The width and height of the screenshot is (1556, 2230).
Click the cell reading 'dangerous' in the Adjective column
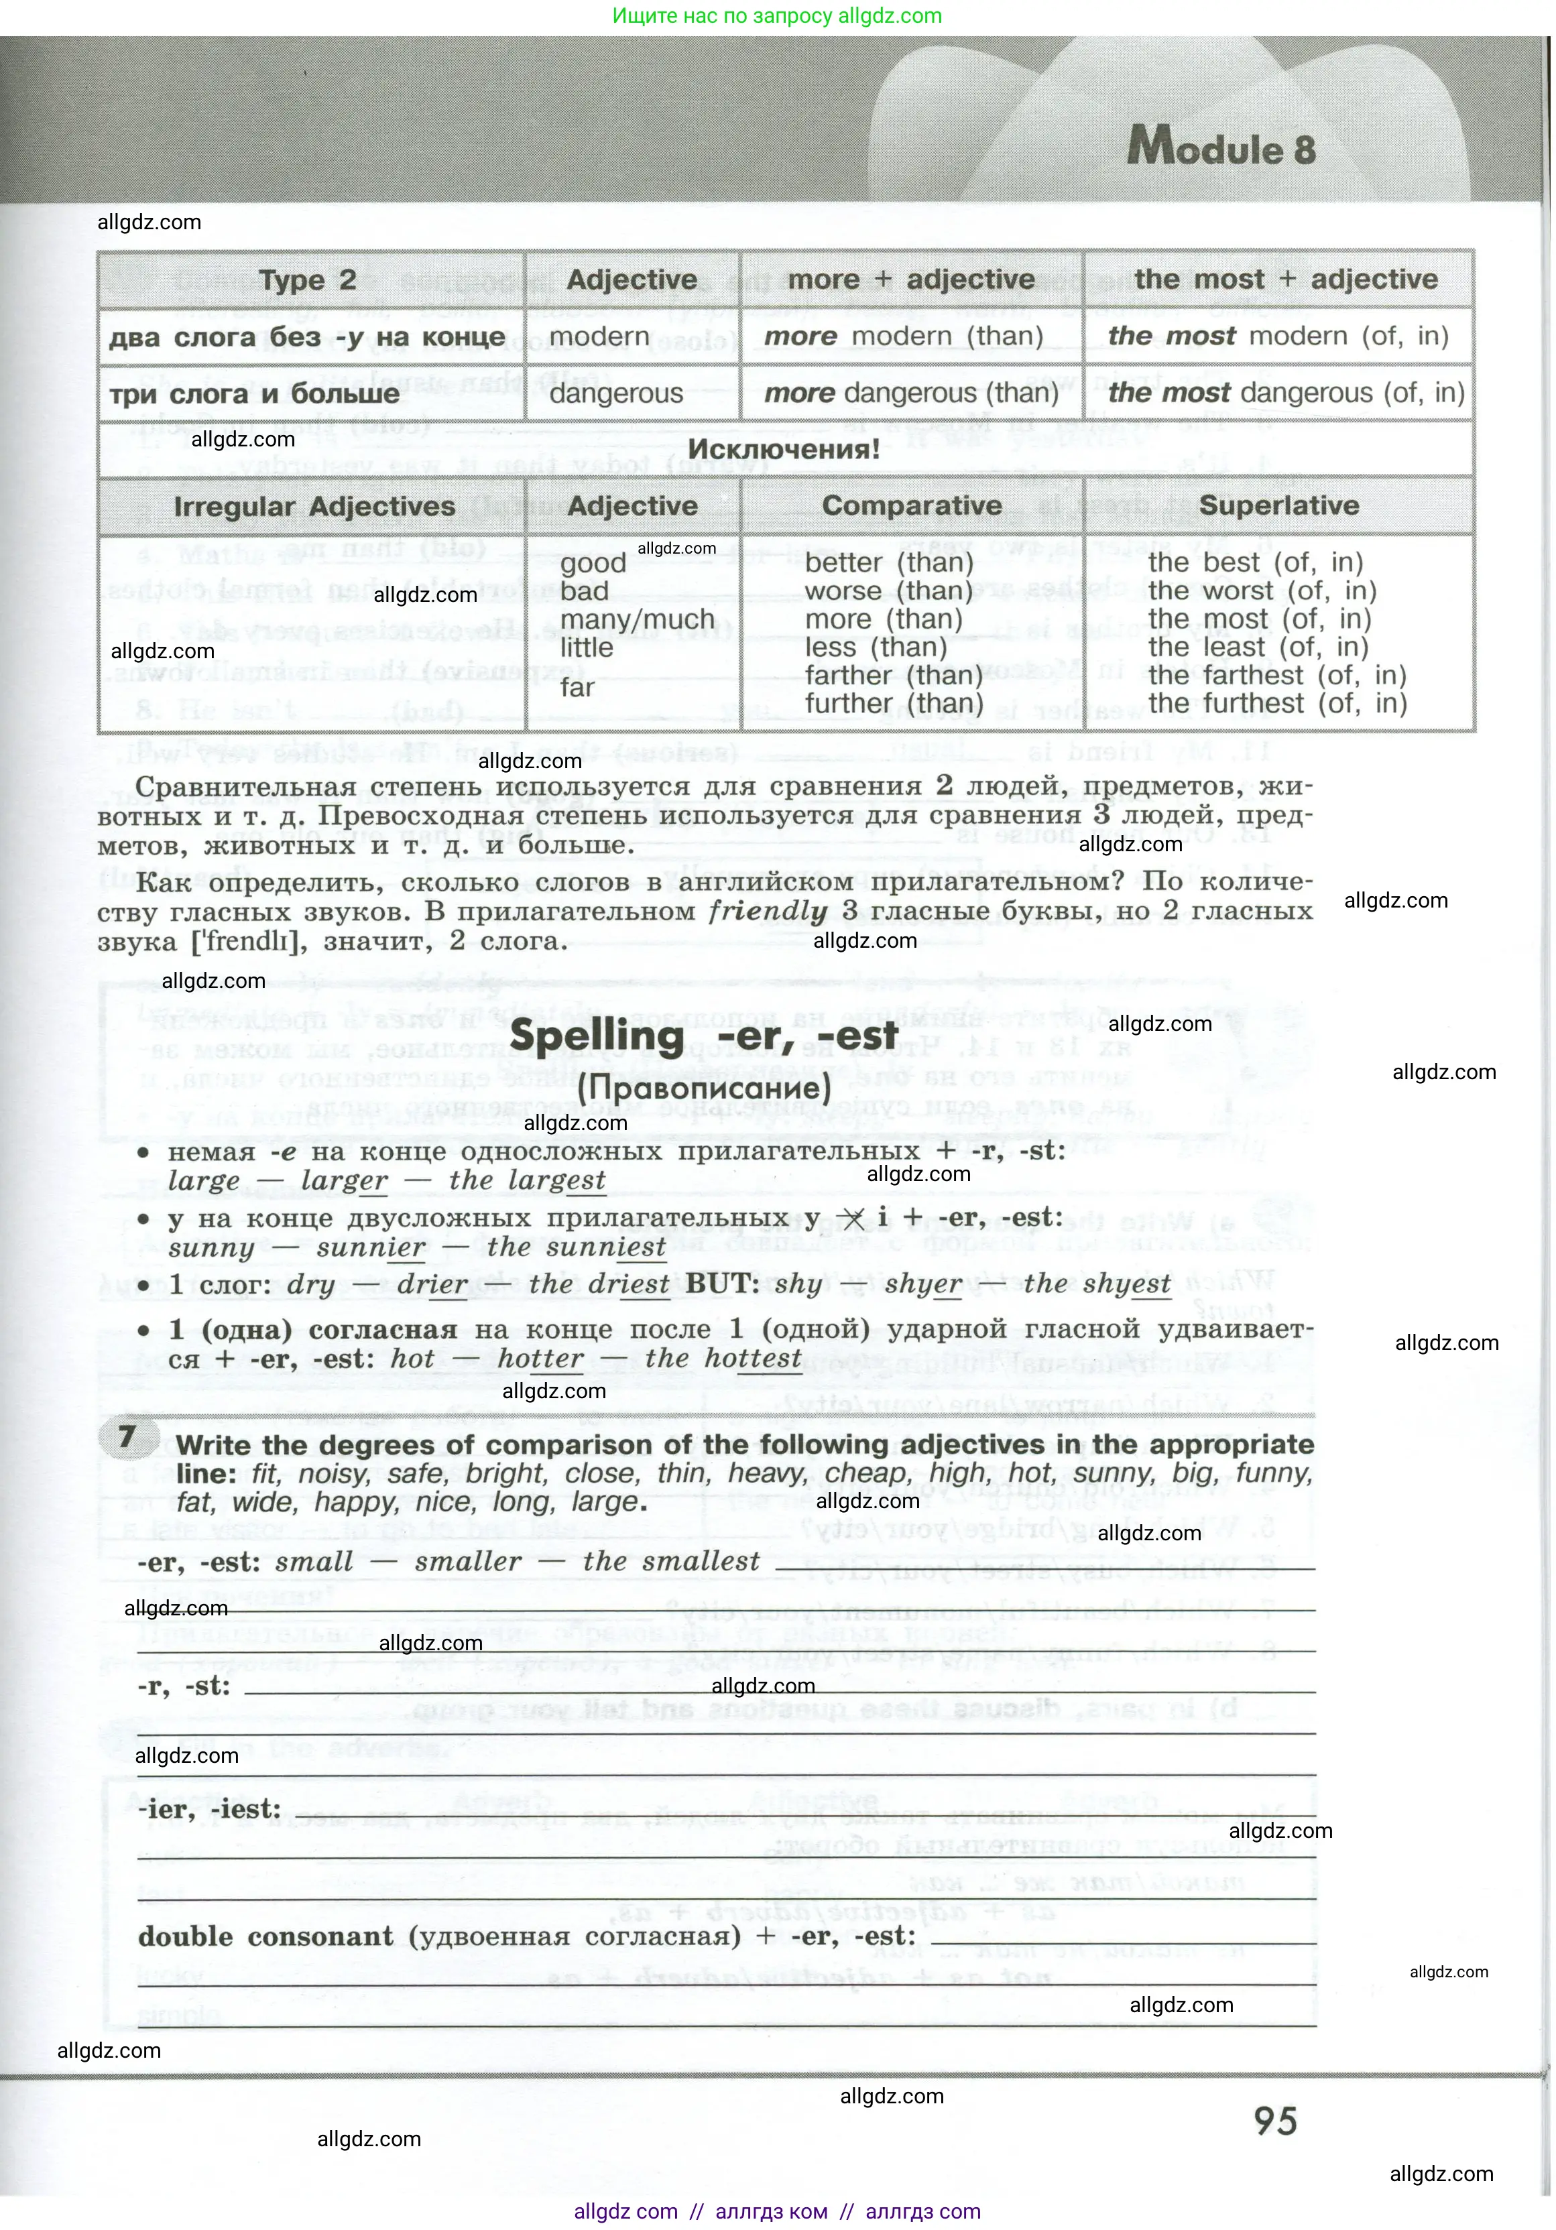click(616, 393)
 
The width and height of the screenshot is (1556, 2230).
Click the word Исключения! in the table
click(784, 450)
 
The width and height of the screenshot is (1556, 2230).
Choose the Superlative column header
click(1278, 505)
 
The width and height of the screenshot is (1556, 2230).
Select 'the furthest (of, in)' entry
click(1276, 702)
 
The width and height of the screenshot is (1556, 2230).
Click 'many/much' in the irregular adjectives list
click(637, 619)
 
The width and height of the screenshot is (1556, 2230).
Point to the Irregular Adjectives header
click(314, 506)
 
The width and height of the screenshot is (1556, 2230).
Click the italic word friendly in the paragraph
click(768, 911)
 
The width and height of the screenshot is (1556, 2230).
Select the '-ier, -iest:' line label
click(208, 1810)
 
